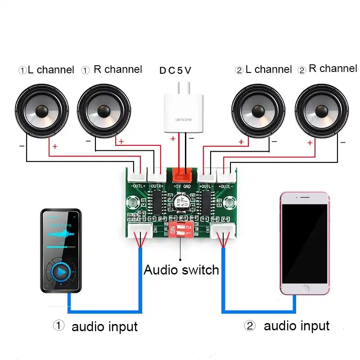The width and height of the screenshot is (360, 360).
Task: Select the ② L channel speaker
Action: pos(258,111)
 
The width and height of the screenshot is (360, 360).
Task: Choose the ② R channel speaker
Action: pos(323,111)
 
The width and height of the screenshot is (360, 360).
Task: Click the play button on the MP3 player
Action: pos(61,272)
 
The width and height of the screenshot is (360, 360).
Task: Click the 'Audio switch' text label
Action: pos(181,270)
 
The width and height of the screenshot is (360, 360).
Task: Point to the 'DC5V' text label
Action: pos(175,71)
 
